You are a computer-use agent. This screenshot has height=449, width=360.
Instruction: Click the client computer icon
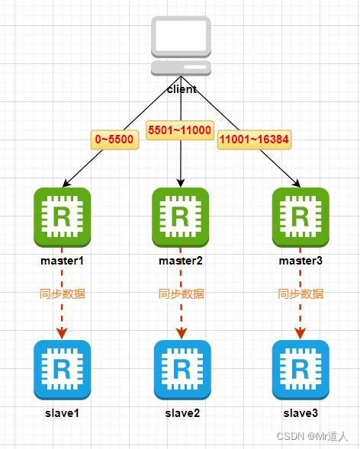coord(181,45)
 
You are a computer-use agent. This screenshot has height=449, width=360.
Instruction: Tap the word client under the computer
coord(182,88)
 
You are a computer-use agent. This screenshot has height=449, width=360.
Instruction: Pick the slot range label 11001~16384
coord(254,140)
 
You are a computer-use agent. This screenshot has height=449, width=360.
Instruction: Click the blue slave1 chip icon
coord(62,369)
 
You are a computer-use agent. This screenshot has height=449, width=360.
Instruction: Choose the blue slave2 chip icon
coord(182,369)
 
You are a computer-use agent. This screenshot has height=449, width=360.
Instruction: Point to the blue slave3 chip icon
coord(301,369)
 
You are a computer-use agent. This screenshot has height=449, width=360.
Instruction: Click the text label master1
coord(62,261)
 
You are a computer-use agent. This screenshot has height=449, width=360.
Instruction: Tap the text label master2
coord(181,261)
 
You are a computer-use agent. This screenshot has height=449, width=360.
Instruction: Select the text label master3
coord(301,261)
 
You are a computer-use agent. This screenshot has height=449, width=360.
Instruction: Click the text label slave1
coord(62,413)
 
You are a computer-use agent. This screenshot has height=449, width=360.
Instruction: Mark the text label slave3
coord(301,413)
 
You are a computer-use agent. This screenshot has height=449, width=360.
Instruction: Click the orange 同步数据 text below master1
coord(62,293)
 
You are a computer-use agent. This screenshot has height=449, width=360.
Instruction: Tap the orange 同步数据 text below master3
coord(301,293)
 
